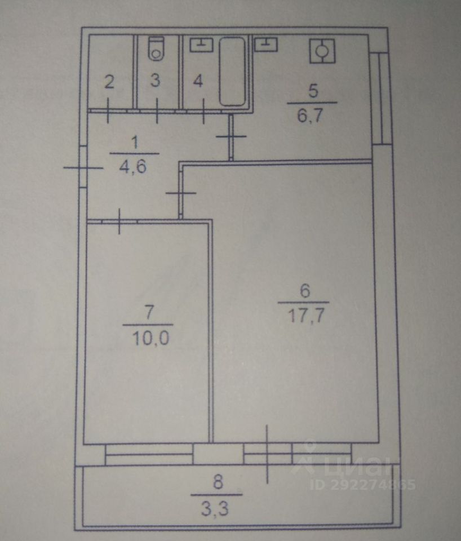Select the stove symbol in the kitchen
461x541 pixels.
click(x=322, y=51)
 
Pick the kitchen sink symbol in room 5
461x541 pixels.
click(x=265, y=43)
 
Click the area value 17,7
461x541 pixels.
click(x=305, y=314)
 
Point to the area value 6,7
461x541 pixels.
click(x=312, y=117)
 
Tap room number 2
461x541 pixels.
click(x=109, y=82)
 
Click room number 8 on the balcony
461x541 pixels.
click(x=218, y=482)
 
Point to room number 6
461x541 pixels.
click(x=305, y=291)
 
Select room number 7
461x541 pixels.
click(x=148, y=312)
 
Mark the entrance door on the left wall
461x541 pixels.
click(x=83, y=167)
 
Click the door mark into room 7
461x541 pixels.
click(x=119, y=221)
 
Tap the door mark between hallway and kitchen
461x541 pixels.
click(x=231, y=137)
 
